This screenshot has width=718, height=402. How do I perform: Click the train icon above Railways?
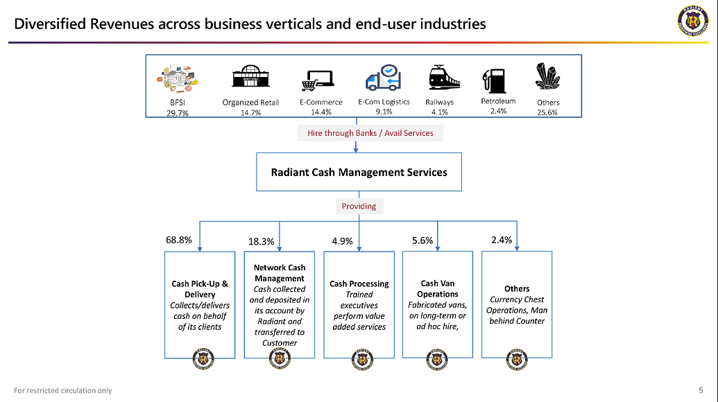tap(444, 78)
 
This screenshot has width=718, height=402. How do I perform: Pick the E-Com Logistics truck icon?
tap(384, 78)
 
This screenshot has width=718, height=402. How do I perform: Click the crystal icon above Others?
tap(548, 77)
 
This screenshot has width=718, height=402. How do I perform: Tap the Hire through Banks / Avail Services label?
tap(370, 133)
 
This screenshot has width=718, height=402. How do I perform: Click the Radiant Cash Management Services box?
tap(359, 172)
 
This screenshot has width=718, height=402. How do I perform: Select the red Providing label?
tap(359, 206)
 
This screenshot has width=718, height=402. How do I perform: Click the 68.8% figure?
tap(178, 240)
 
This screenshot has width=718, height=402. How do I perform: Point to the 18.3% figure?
tap(262, 242)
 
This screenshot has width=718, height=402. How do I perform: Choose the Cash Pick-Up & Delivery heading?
tap(200, 289)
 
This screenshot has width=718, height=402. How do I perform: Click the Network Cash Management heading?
tap(280, 273)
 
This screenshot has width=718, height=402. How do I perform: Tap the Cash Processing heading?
tap(359, 283)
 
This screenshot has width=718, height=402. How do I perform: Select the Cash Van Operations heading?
tap(438, 288)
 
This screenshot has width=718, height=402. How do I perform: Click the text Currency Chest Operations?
tap(517, 305)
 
